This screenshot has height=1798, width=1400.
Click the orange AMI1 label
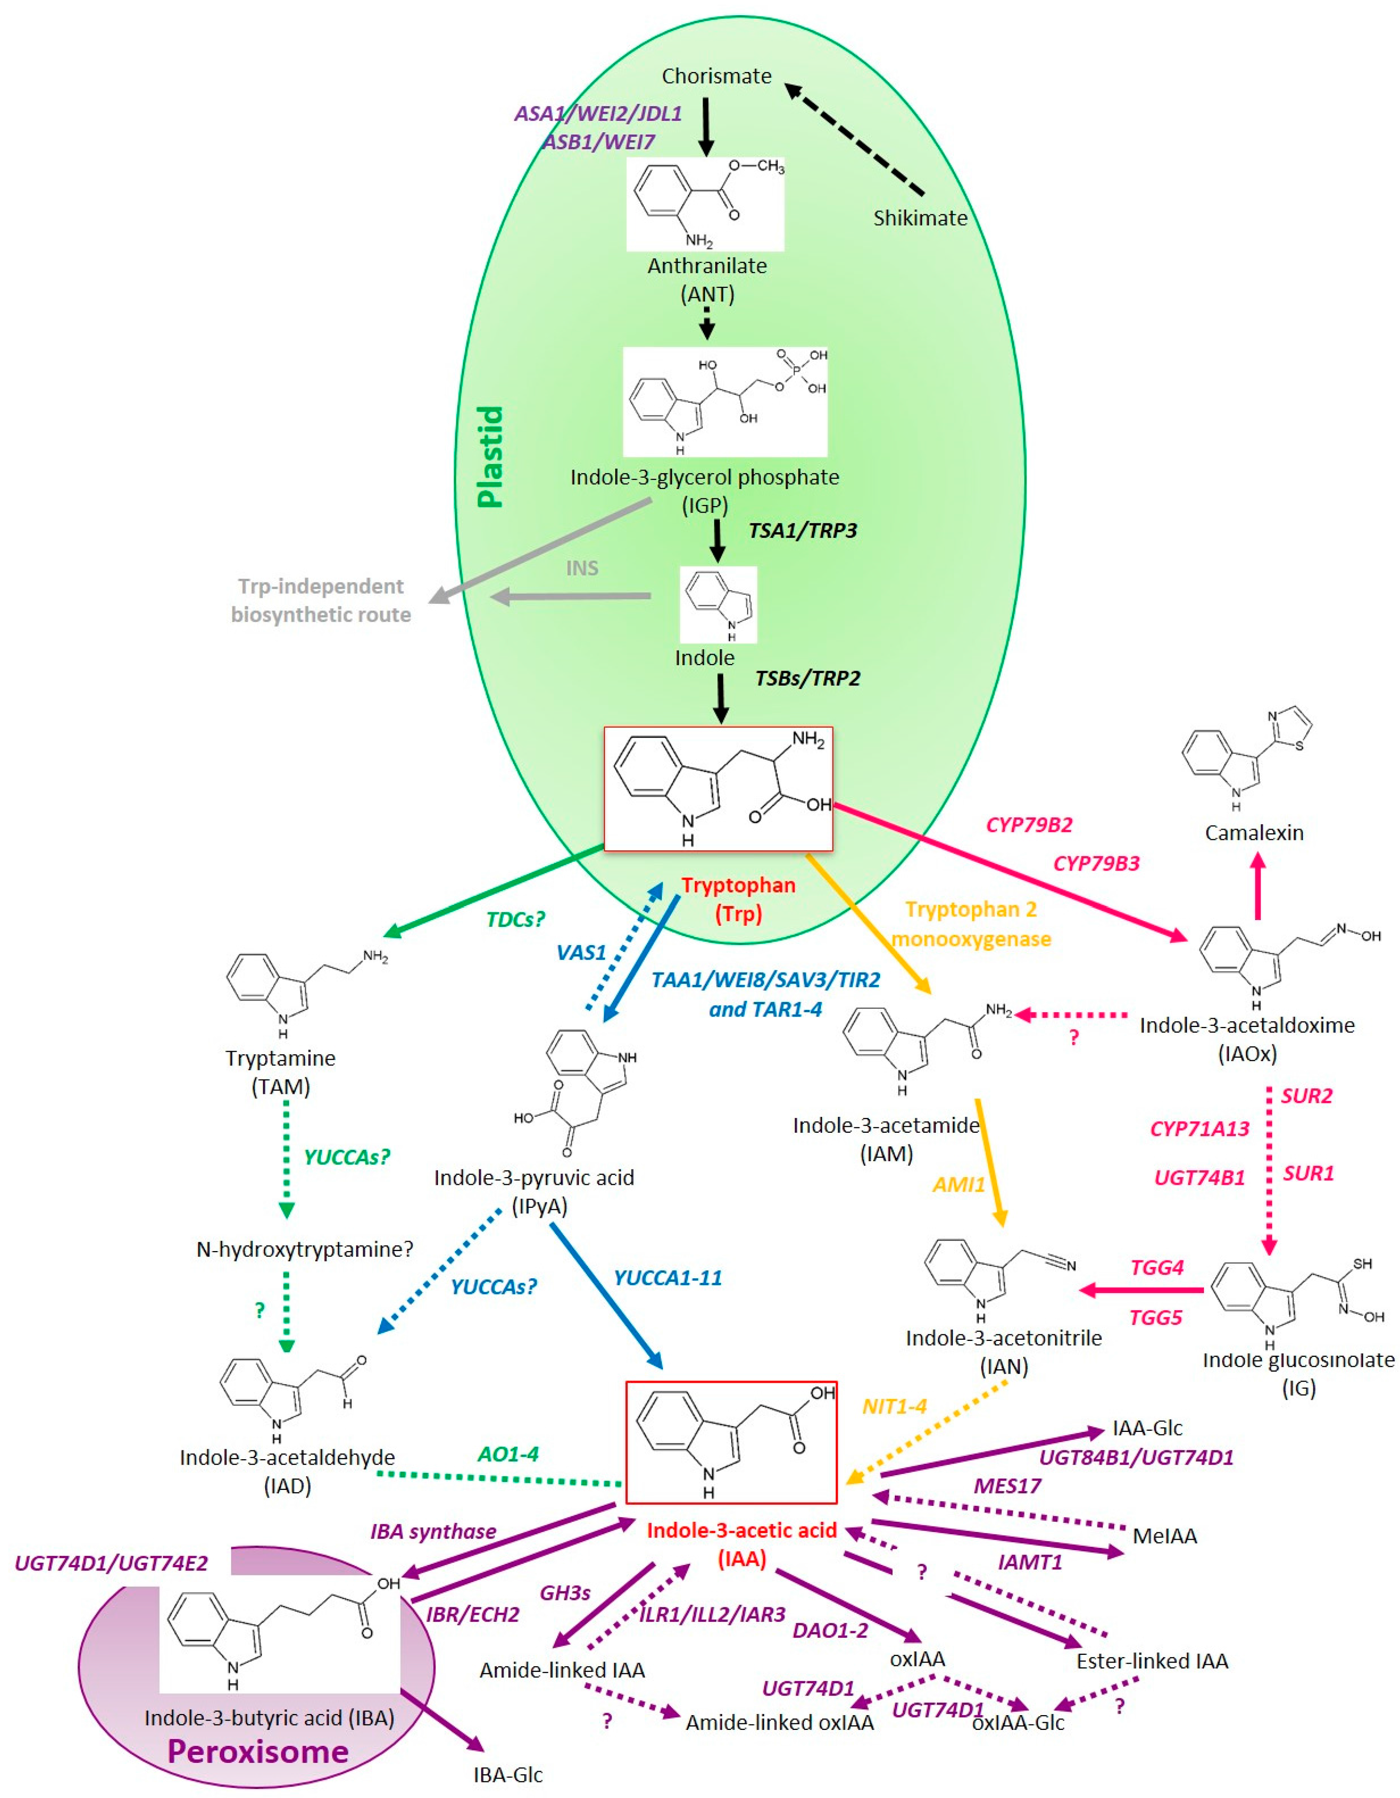pyautogui.click(x=958, y=1185)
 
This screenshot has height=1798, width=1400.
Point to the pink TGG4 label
pyautogui.click(x=1157, y=1267)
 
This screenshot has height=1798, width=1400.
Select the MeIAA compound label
pyautogui.click(x=1165, y=1535)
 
